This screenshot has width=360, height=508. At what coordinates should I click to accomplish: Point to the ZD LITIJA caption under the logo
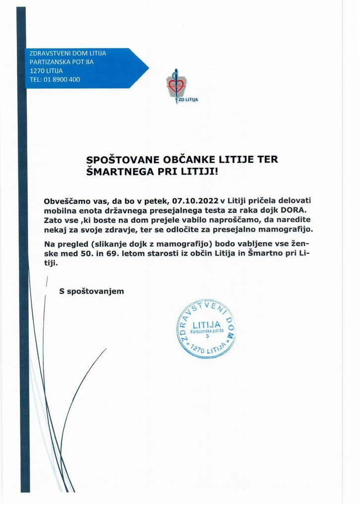pos(188,100)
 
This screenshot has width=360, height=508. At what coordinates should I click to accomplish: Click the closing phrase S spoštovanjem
pos(91,291)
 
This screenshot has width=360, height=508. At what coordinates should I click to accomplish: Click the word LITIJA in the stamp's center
pos(206,325)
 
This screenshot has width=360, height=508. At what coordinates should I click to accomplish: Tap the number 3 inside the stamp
pos(208,336)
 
